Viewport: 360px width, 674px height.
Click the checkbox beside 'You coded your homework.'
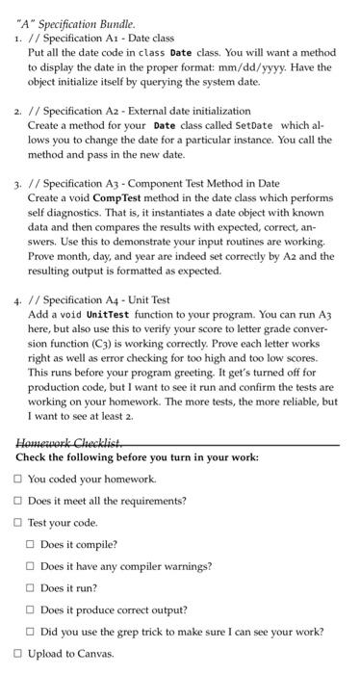pos(17,479)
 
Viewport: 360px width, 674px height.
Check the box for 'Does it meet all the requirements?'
pos(17,501)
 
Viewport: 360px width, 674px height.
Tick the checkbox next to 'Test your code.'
pos(17,523)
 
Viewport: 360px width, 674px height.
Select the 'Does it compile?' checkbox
pos(30,545)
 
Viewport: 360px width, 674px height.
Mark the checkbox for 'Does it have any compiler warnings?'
pos(30,566)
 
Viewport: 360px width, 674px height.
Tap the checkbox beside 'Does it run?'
pos(30,588)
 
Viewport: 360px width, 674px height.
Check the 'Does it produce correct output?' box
pos(30,609)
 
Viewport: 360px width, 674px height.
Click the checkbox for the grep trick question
pos(30,632)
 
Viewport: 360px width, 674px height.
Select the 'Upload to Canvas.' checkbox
pos(17,654)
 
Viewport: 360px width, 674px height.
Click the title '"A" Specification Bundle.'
pos(72,22)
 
